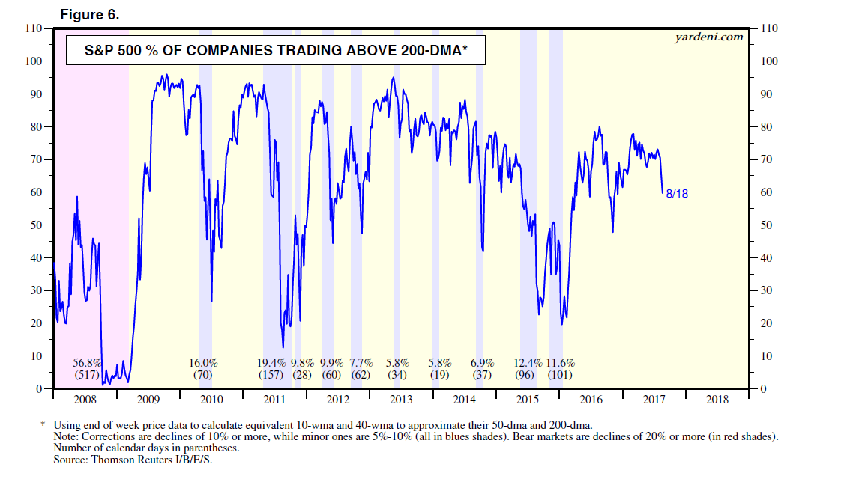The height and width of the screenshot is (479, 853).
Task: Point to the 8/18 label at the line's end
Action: (x=677, y=193)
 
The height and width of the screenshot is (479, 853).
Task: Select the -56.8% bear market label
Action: (x=83, y=363)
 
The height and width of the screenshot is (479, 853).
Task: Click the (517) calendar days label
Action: (x=83, y=375)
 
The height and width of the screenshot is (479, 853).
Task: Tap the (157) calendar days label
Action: (x=270, y=375)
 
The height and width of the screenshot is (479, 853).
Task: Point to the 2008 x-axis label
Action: (x=85, y=400)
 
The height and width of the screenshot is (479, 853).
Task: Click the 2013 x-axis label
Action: (x=401, y=400)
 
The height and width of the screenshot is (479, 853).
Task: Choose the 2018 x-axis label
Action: (x=717, y=400)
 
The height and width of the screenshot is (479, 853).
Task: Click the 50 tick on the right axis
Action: (x=767, y=225)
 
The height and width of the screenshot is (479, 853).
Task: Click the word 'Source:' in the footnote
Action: (x=73, y=459)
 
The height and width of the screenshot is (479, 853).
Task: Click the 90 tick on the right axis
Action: (x=767, y=94)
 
